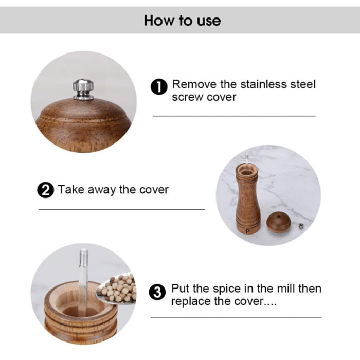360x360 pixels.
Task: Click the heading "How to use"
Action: pyautogui.click(x=182, y=21)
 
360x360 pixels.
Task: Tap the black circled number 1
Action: pyautogui.click(x=159, y=87)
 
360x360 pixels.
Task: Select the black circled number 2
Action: pyautogui.click(x=45, y=190)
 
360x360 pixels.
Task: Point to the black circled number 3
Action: pyautogui.click(x=157, y=292)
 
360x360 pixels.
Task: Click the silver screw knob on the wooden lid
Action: pyautogui.click(x=83, y=89)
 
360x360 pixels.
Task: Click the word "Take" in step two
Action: pyautogui.click(x=71, y=190)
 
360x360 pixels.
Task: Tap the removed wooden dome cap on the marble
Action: pyautogui.click(x=279, y=222)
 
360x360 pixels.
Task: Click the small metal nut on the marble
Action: pyautogui.click(x=301, y=226)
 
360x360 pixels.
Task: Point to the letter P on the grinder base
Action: pyautogui.click(x=247, y=231)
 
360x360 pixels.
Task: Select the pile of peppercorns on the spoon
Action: pyautogui.click(x=117, y=289)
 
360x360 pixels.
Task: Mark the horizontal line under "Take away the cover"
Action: pyautogui.click(x=122, y=210)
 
